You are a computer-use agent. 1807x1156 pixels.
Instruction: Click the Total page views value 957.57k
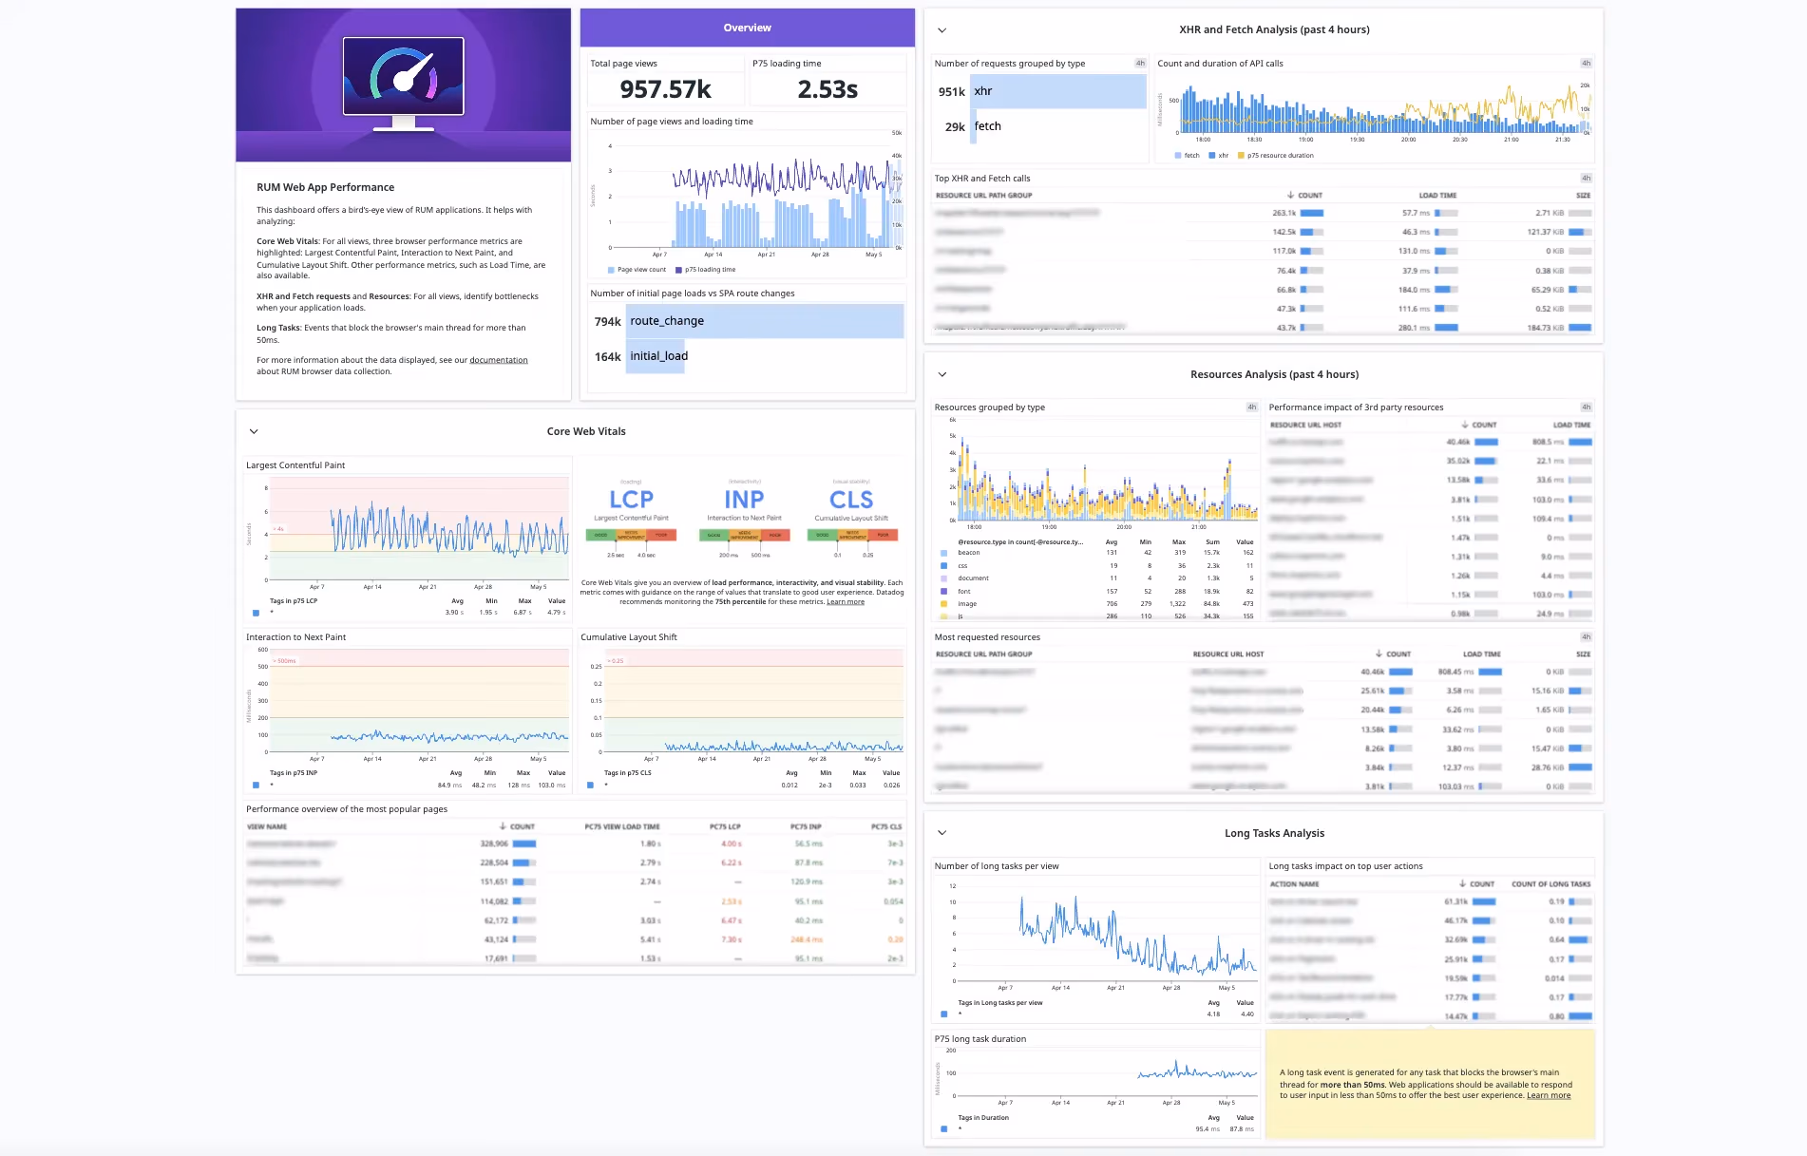pos(665,89)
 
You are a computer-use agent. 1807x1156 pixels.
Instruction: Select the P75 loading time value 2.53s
pos(827,89)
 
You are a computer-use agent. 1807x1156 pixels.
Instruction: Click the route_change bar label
pos(667,321)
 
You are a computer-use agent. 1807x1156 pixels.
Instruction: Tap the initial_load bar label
pos(658,356)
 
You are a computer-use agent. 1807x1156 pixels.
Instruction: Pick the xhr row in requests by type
pos(983,91)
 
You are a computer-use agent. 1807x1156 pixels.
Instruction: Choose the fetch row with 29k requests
pos(987,126)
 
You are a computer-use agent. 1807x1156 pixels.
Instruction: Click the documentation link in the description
pos(498,360)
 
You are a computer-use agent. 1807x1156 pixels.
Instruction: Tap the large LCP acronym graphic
pos(631,500)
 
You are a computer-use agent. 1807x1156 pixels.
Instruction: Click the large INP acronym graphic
pos(744,500)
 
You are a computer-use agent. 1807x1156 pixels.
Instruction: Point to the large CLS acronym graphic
pos(850,500)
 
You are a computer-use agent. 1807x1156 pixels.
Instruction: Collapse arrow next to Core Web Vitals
pos(254,431)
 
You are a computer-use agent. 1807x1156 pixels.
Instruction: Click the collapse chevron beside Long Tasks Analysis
pos(942,833)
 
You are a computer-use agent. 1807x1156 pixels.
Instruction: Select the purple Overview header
pos(747,28)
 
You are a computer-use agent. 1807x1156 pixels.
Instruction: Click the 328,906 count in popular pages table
pos(494,843)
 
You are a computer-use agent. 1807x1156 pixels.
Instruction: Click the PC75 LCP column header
pos(725,826)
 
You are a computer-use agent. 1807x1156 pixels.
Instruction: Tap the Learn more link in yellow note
pos(1548,1095)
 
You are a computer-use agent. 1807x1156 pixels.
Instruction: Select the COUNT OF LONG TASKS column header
pos(1550,883)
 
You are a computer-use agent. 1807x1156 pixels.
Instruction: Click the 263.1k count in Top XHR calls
pos(1284,213)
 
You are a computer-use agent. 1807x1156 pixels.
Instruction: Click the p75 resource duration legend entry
pos(1280,155)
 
